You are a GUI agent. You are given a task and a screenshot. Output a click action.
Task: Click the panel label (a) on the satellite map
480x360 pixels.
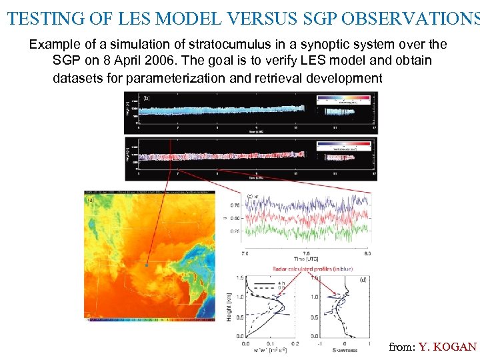point(89,199)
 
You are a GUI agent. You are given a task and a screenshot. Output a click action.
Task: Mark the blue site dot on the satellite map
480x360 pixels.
point(146,265)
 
